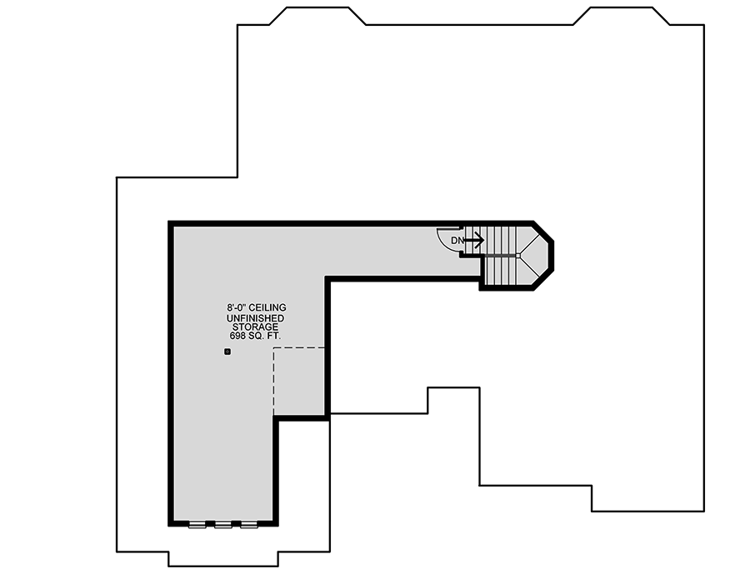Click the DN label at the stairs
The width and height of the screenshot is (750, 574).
point(457,241)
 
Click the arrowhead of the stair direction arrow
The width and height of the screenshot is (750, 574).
point(480,240)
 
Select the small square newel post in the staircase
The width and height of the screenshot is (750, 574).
point(518,256)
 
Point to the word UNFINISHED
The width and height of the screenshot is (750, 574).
point(256,318)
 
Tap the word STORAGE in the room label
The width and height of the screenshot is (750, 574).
point(256,327)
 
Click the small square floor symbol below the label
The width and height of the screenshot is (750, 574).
point(227,352)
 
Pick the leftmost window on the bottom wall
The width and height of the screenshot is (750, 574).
point(197,524)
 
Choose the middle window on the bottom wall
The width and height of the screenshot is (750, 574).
point(223,524)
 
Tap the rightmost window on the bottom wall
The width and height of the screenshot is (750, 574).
point(249,524)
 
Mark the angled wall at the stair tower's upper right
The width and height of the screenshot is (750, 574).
point(543,232)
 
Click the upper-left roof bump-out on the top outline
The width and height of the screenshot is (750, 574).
point(317,16)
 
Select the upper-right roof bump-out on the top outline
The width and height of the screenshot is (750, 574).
point(622,16)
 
